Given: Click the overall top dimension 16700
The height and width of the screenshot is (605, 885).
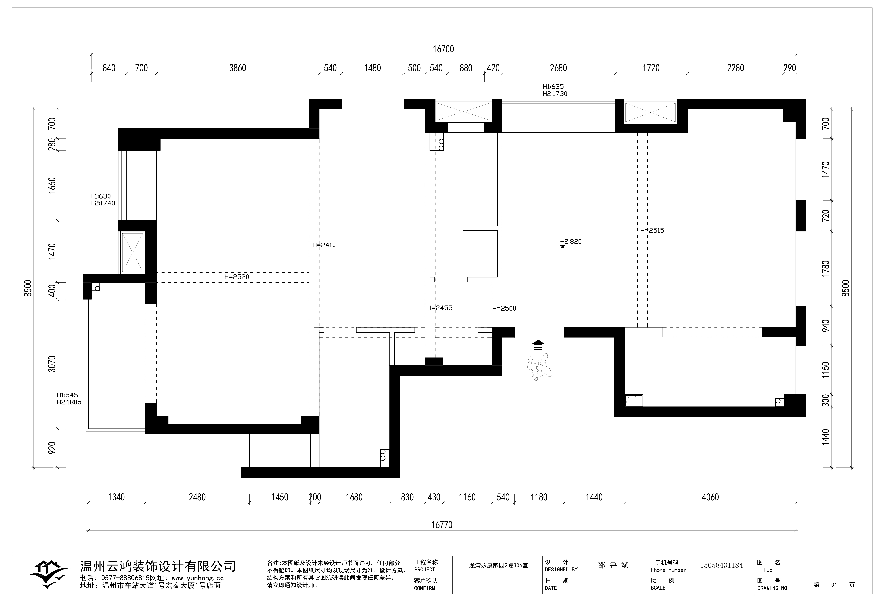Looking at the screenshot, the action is coord(443,49).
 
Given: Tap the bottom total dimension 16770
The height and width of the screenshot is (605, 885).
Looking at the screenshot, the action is coord(442,525).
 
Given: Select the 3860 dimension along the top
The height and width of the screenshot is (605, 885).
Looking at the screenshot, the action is coord(238,68).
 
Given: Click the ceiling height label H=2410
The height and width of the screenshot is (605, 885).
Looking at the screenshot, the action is coord(324,245).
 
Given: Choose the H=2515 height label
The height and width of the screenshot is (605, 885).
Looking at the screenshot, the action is coord(652,230).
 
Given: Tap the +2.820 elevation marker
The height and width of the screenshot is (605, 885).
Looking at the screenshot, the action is coord(571,243).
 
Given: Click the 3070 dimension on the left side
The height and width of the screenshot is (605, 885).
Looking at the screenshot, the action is coord(52,364).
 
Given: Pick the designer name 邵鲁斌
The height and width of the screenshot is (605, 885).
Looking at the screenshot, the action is coord(613,565).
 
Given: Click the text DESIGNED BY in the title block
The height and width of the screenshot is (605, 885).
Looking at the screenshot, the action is coord(561,570).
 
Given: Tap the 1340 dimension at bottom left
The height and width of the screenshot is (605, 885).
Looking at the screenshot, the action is coord(116,497).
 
